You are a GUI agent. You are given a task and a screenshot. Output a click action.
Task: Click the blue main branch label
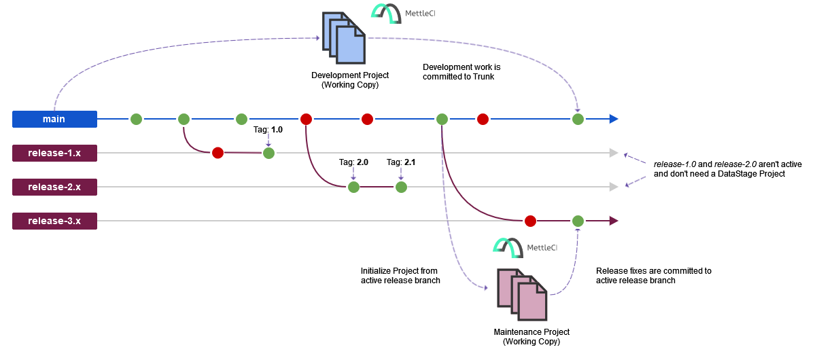54,119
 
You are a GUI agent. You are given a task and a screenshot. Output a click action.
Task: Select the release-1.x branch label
54,153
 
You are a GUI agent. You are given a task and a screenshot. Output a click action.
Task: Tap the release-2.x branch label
54,187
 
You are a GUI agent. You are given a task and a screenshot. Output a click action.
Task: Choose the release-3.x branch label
54,221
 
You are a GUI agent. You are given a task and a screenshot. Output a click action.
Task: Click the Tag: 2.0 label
353,162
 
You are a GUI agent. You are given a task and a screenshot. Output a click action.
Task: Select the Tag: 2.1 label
401,162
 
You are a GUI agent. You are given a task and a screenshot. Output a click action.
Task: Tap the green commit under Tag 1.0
268,153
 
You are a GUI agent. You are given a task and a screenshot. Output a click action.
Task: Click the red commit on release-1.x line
217,153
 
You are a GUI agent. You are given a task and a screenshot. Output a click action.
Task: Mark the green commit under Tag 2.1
401,187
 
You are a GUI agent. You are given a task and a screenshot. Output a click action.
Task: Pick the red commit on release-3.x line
530,221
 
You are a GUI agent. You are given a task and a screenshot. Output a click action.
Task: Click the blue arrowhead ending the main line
613,119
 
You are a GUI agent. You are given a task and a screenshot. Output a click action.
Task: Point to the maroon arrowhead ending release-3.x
613,221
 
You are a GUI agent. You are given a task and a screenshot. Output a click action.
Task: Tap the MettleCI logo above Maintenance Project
525,247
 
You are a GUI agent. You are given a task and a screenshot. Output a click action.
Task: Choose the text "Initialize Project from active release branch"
400,275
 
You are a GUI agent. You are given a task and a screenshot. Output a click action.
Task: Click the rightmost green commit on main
578,119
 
